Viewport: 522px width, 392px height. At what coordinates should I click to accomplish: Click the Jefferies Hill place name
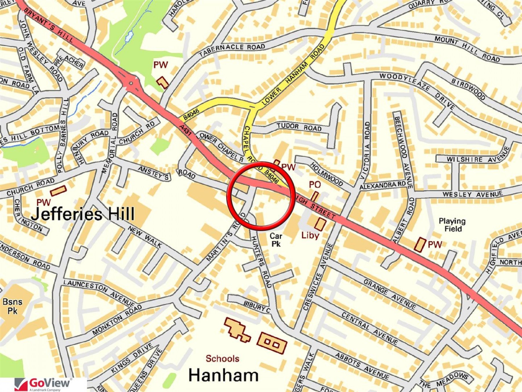click(83, 214)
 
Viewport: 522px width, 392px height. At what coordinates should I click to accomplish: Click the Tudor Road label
click(299, 127)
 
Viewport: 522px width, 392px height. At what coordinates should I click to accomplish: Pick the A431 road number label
click(186, 130)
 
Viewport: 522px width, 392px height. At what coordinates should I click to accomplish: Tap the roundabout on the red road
click(131, 83)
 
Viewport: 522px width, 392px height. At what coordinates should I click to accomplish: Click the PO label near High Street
click(315, 185)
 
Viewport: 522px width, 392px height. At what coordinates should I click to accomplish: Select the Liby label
click(310, 235)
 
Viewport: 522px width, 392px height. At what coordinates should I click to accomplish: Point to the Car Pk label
click(276, 240)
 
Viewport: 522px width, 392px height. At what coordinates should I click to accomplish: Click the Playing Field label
click(452, 225)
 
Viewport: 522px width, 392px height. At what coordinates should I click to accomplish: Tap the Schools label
click(222, 359)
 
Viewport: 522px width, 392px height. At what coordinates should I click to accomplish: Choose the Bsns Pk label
click(12, 306)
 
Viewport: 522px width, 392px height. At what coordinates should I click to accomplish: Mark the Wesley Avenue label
click(472, 194)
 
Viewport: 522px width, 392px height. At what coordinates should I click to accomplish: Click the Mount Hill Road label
click(467, 49)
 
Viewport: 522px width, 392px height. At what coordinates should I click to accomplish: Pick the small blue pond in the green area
click(129, 37)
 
